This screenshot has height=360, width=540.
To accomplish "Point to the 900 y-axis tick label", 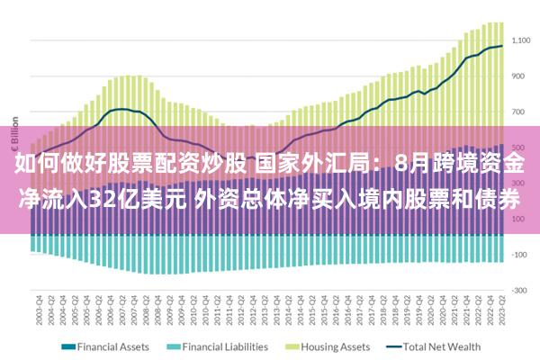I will point(523,76).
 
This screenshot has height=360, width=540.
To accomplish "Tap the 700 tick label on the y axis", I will point(523,112).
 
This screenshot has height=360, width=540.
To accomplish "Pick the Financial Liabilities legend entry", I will point(225,346).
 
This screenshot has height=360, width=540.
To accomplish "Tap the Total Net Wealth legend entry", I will point(440,346).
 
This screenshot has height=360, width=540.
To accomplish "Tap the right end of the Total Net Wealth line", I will point(502,46).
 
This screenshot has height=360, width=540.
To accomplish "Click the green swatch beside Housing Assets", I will point(293,346).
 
